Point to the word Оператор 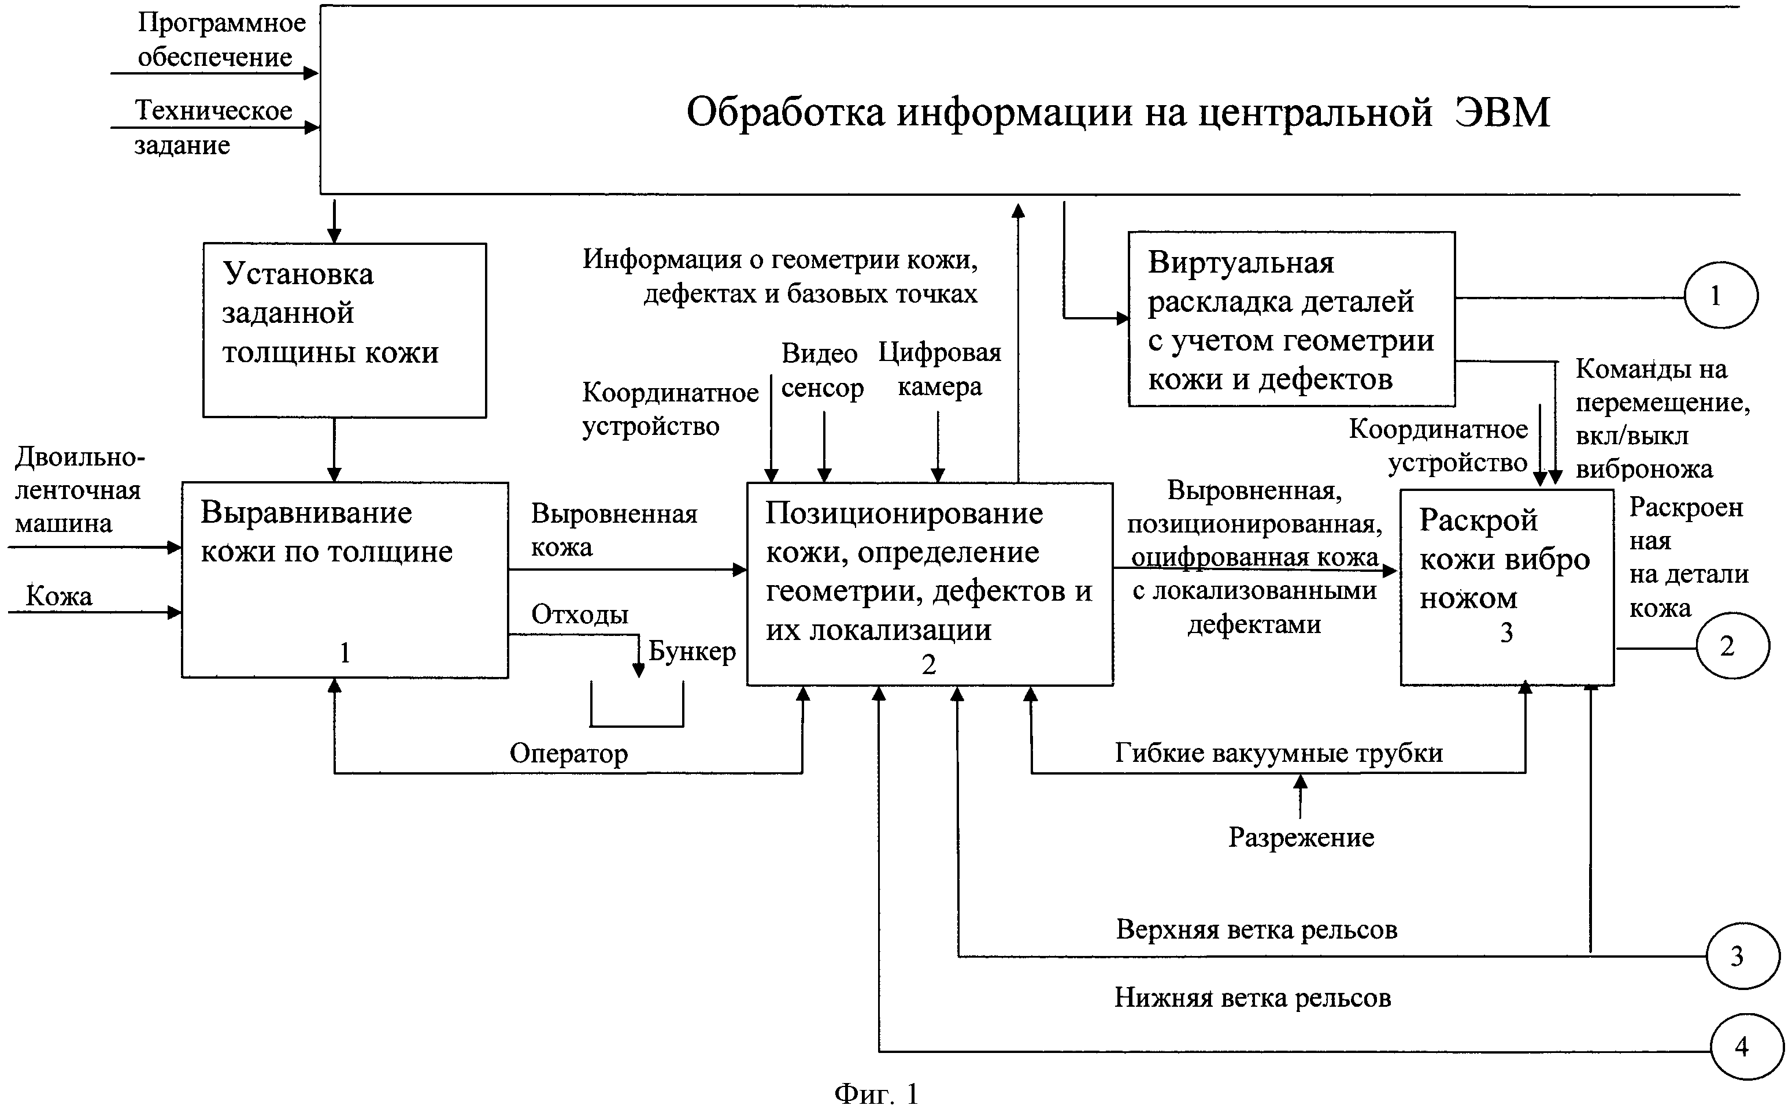(x=569, y=753)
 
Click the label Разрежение (x=1301, y=837)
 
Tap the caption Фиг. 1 (x=877, y=1093)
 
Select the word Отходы (x=580, y=614)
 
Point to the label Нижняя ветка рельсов (x=1253, y=998)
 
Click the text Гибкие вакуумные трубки (x=1279, y=753)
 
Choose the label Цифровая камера (x=940, y=370)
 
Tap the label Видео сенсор (x=822, y=370)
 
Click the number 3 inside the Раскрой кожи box (x=1506, y=632)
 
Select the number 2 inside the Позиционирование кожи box (x=929, y=664)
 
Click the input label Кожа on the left (x=59, y=596)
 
